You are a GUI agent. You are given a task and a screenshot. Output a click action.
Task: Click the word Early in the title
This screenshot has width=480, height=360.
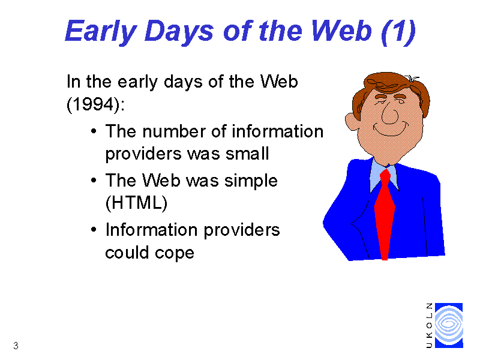pyautogui.click(x=101, y=32)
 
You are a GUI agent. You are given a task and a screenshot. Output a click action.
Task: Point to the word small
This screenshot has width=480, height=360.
pyautogui.click(x=247, y=154)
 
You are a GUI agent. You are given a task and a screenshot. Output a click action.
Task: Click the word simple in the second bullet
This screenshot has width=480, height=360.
pyautogui.click(x=251, y=181)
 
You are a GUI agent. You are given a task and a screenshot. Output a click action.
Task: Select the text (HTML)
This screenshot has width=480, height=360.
pyautogui.click(x=136, y=203)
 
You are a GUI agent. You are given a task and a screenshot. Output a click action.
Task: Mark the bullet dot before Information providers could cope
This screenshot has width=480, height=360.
pyautogui.click(x=94, y=229)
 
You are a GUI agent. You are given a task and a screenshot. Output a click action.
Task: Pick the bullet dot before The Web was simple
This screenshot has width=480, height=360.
pyautogui.click(x=94, y=180)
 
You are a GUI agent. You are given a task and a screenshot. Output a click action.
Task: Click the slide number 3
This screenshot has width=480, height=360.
pyautogui.click(x=16, y=346)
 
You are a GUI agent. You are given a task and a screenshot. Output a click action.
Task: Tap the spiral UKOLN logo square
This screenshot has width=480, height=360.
pyautogui.click(x=449, y=325)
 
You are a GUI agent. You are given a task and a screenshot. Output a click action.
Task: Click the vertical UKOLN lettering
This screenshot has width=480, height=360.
pyautogui.click(x=429, y=325)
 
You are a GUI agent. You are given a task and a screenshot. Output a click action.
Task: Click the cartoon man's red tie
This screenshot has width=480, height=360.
pyautogui.click(x=385, y=214)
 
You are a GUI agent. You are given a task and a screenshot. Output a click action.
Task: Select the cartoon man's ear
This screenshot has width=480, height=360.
pyautogui.click(x=352, y=121)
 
